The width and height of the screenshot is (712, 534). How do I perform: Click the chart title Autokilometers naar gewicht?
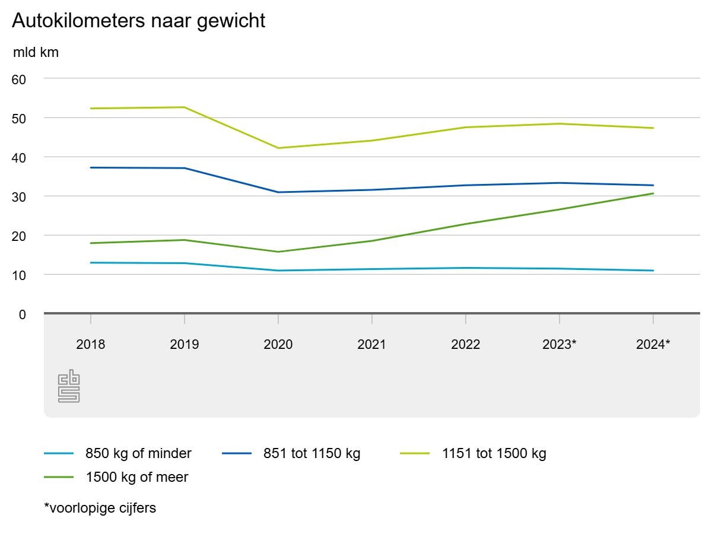click(138, 21)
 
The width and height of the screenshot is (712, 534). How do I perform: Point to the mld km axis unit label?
click(36, 53)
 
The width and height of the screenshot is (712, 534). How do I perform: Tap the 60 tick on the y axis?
click(20, 79)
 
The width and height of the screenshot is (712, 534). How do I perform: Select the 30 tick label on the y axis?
click(20, 196)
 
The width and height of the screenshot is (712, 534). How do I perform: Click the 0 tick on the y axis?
click(23, 314)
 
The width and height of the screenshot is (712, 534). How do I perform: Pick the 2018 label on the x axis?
click(91, 344)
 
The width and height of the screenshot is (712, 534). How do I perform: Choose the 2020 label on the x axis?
click(278, 344)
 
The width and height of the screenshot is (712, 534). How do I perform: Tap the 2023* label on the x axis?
click(560, 344)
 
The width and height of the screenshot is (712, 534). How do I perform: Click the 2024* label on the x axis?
click(653, 344)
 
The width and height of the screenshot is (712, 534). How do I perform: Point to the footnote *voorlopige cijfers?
click(100, 508)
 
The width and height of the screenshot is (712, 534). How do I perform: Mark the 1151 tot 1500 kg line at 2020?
click(278, 148)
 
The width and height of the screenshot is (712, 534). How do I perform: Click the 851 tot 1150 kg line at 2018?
click(91, 167)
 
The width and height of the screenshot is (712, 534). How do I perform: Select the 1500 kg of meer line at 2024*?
click(653, 193)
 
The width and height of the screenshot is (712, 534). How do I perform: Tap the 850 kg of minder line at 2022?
click(466, 268)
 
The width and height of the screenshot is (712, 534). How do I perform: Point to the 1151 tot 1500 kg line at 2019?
click(185, 107)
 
